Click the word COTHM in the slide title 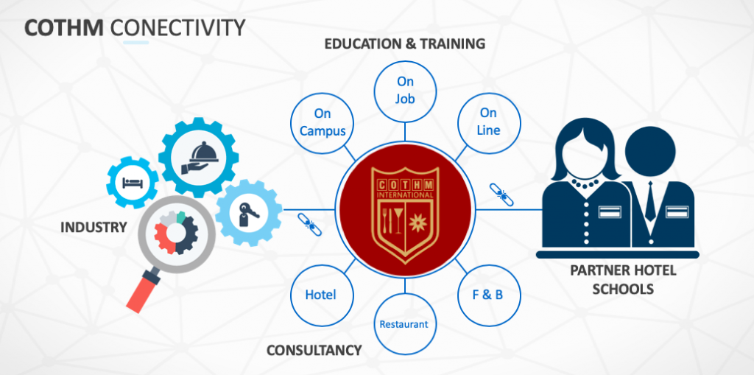tap(63, 29)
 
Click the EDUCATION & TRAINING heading tap(404, 43)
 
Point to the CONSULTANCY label tap(314, 350)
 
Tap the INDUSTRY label tap(94, 227)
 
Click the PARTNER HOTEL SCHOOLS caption tap(623, 279)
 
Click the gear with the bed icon tap(133, 183)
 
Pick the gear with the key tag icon tap(249, 213)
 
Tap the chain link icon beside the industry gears tap(309, 224)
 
